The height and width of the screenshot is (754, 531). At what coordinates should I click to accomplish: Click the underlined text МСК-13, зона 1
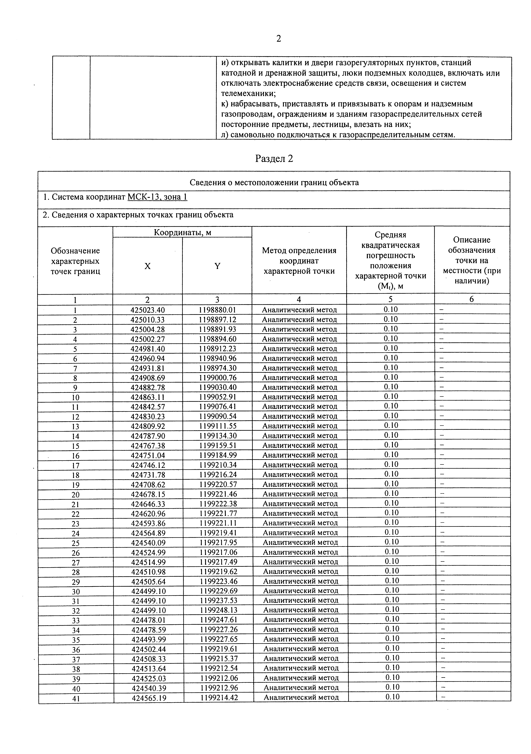157,197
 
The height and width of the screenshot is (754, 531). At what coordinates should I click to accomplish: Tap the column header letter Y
217,266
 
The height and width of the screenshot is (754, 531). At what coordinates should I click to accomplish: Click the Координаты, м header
182,233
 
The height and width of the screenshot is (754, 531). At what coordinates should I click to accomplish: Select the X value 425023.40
148,310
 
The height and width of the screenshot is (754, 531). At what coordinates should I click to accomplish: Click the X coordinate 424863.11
148,397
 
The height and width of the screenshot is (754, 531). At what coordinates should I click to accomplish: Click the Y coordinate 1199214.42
219,697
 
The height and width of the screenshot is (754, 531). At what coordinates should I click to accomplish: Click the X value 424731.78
148,475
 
